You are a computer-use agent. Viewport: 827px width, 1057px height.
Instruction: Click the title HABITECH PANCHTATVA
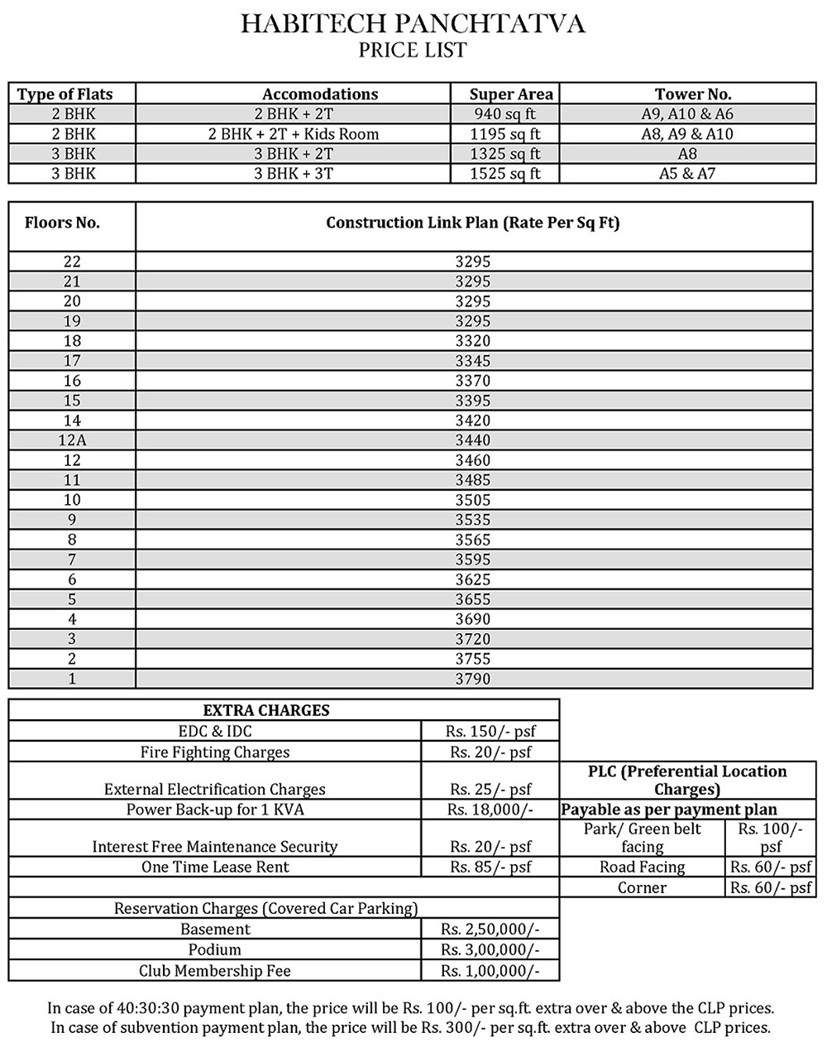(413, 24)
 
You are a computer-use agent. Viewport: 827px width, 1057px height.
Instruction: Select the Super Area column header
(510, 94)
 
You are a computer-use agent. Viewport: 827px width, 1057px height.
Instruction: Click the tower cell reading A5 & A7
(687, 174)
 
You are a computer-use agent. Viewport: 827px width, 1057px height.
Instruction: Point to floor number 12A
(72, 440)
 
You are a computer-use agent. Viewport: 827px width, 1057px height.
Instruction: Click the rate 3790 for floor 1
(473, 679)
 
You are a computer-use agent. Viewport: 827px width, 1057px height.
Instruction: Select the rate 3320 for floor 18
(473, 341)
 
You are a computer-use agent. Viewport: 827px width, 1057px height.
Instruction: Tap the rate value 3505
(473, 500)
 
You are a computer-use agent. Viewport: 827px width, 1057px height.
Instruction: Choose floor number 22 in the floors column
(72, 262)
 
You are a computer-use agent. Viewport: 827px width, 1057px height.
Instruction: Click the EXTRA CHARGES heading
(266, 710)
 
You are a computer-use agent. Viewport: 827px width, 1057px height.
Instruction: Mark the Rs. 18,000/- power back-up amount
(490, 810)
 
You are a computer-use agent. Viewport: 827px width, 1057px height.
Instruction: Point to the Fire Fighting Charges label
(215, 752)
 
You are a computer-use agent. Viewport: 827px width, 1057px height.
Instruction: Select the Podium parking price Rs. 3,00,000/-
(490, 950)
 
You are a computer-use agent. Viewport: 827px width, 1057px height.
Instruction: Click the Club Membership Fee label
(215, 971)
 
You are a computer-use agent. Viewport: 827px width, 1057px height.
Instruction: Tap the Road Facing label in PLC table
(643, 867)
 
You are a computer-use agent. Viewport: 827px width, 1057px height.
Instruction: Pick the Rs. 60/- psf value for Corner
(771, 888)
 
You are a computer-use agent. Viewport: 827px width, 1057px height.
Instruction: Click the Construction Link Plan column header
(473, 223)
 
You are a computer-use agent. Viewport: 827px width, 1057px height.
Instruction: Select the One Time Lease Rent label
(215, 867)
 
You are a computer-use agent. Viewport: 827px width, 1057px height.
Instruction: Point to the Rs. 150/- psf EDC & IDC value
(490, 732)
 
